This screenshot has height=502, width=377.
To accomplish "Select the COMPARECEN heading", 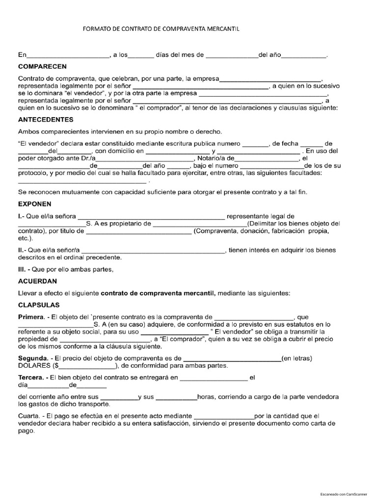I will coord(42,66).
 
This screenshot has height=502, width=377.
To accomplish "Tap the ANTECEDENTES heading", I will coord(46,119).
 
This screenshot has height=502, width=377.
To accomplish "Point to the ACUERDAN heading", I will coord(37,281).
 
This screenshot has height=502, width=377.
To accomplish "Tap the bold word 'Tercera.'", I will coord(32,378).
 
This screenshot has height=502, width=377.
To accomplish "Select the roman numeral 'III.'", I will coord(24,269).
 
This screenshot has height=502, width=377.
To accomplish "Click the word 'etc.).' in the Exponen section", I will coord(26,238).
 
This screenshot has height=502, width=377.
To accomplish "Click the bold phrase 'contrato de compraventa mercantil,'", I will coord(158,293).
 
